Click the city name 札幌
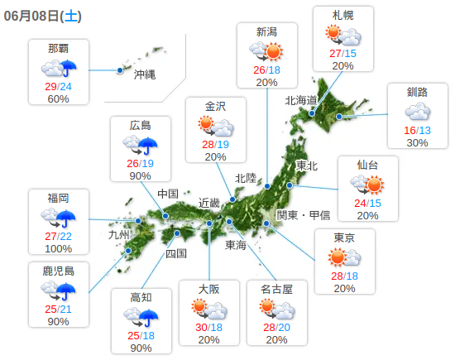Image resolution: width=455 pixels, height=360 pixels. pyautogui.click(x=343, y=16)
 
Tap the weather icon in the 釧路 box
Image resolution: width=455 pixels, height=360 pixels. pyautogui.click(x=417, y=112)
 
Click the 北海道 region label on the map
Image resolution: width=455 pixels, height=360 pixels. pyautogui.click(x=301, y=100)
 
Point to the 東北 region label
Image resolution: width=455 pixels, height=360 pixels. pyautogui.click(x=306, y=166)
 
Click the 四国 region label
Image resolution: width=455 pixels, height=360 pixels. pyautogui.click(x=176, y=253)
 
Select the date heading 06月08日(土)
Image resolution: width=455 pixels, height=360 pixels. pyautogui.click(x=41, y=15)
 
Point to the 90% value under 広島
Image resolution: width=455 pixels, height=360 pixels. pyautogui.click(x=140, y=175)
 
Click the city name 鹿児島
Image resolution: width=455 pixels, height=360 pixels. pyautogui.click(x=58, y=271)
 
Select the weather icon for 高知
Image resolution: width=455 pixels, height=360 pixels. pyautogui.click(x=141, y=317)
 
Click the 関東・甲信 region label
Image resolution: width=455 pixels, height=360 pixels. pyautogui.click(x=303, y=215)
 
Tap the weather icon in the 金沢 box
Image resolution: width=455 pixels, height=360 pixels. pyautogui.click(x=215, y=127)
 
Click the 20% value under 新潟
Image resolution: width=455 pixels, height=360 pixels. pyautogui.click(x=266, y=83)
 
